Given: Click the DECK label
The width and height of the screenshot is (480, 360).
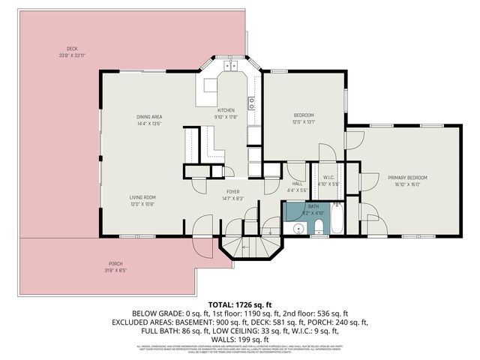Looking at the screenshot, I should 72,49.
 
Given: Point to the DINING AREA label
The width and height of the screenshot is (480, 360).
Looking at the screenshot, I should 149,117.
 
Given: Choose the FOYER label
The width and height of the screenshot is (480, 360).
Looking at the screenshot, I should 232,192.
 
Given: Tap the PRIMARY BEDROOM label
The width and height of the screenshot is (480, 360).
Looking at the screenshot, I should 407,178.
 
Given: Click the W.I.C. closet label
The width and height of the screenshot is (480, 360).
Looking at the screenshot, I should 328,177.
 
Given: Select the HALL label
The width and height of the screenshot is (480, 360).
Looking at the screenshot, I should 297,184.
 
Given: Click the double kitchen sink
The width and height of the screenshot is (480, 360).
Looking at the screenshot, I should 227,66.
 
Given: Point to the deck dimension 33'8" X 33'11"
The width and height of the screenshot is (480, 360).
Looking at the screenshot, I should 72,55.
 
